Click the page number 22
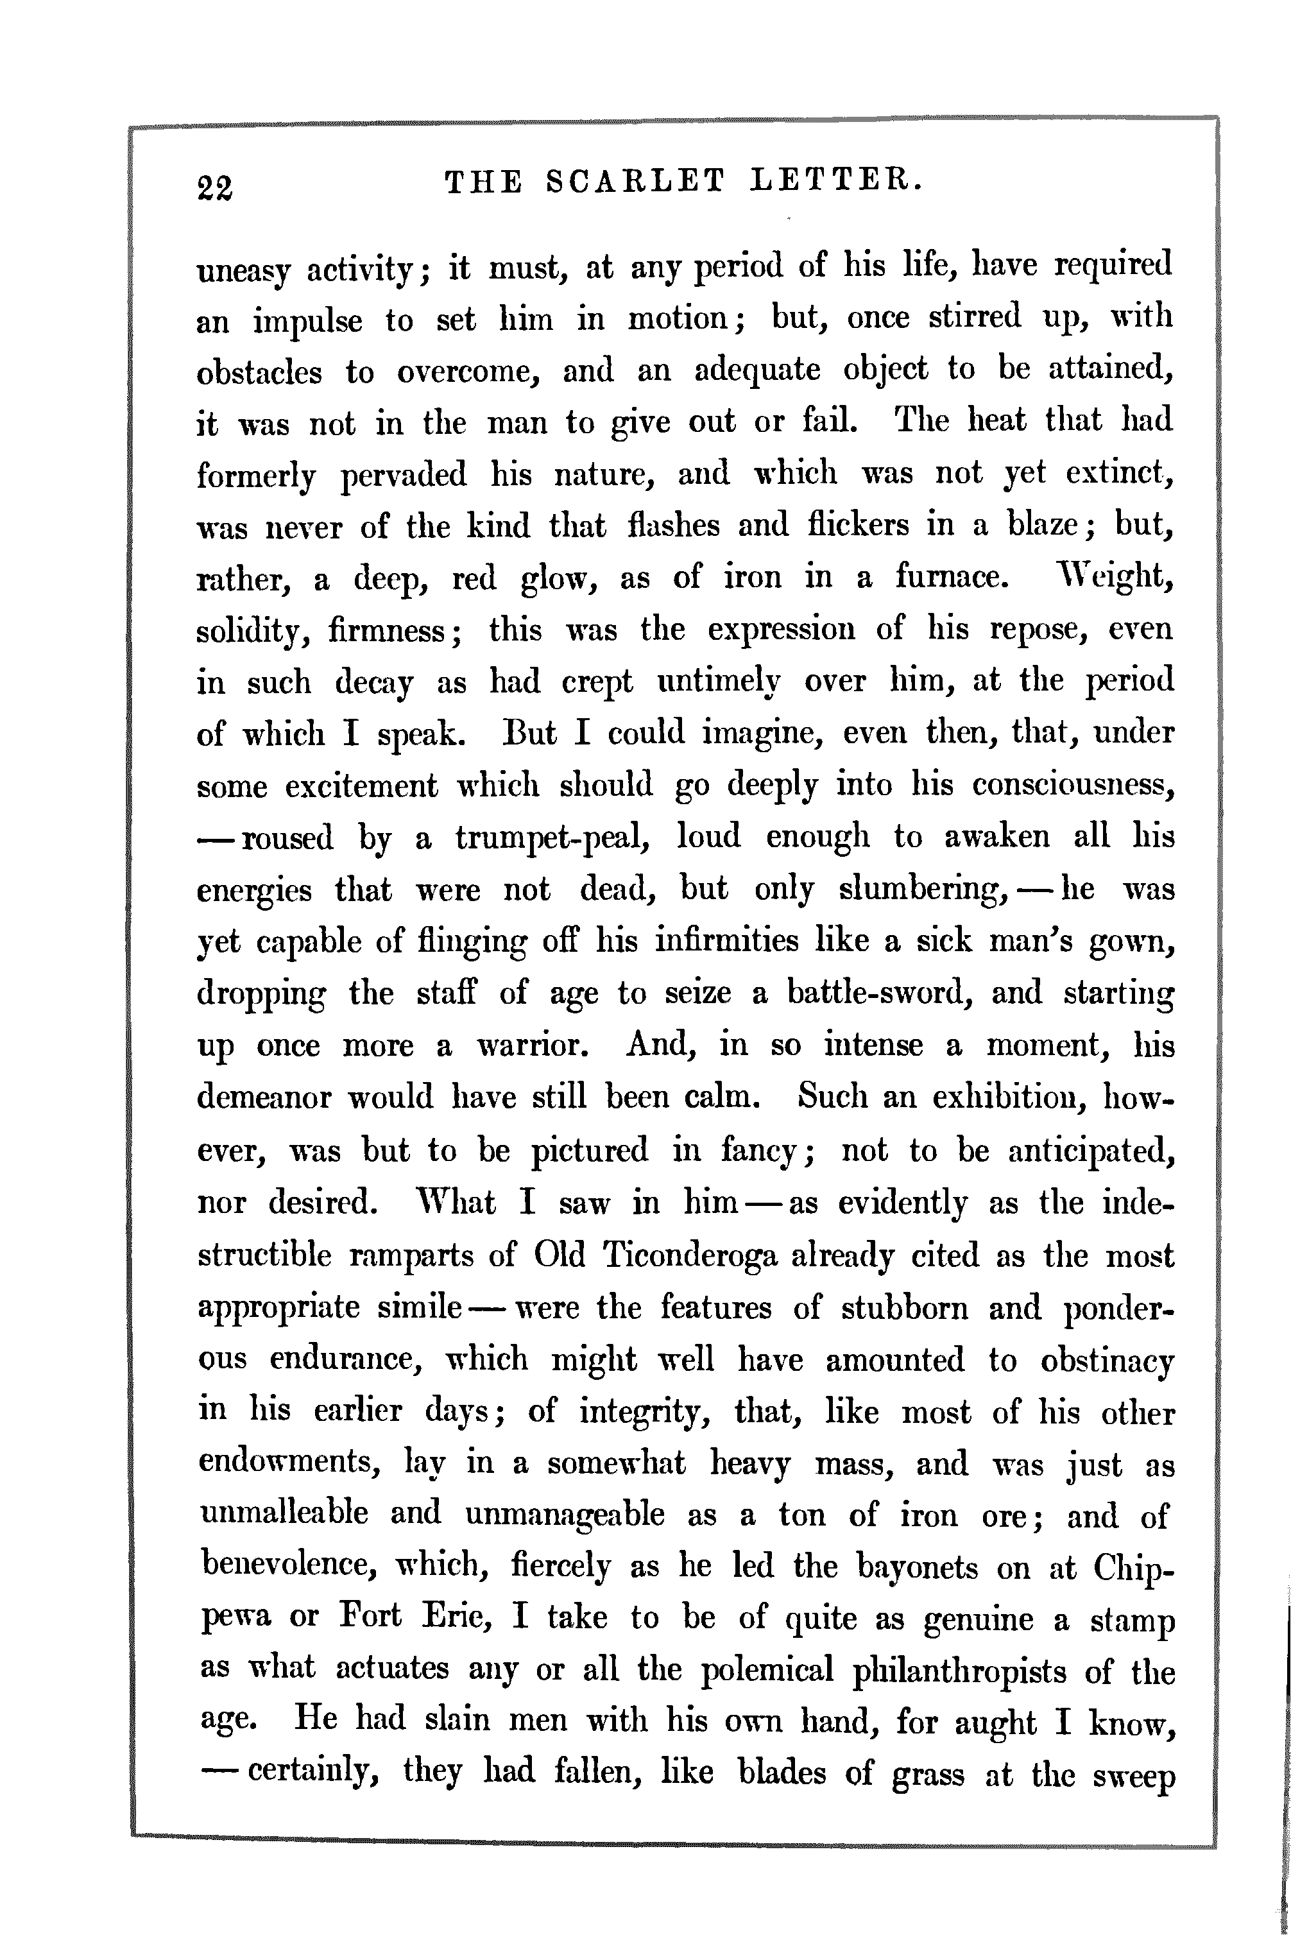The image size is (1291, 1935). tap(215, 188)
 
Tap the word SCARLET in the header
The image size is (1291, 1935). tap(636, 180)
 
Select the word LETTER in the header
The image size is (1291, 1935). tap(837, 180)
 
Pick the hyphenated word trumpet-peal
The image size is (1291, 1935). tap(553, 838)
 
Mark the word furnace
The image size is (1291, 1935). tap(951, 576)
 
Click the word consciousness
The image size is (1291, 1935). tap(1073, 785)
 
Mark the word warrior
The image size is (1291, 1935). tap(533, 1045)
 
